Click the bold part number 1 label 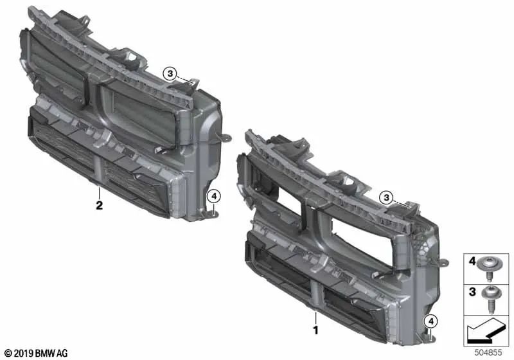(x=315, y=330)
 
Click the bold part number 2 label (x=99, y=205)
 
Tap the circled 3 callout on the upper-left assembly (x=170, y=73)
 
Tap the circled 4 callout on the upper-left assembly (x=214, y=197)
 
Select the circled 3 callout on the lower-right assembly (x=387, y=198)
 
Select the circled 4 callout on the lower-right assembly (x=431, y=321)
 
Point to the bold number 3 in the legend (x=472, y=291)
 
